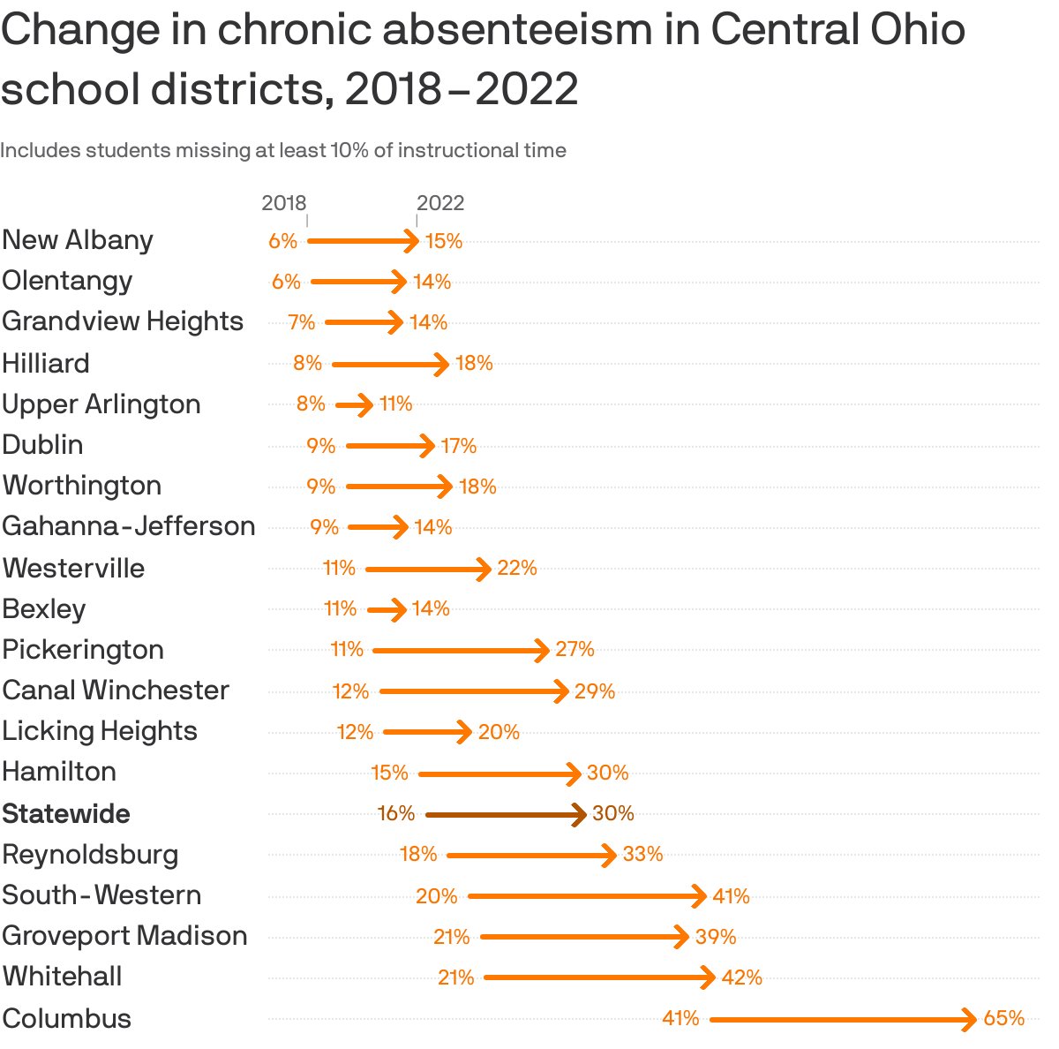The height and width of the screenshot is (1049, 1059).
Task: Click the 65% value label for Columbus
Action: click(x=1003, y=1018)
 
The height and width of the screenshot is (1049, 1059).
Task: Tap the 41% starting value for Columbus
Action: click(x=680, y=1018)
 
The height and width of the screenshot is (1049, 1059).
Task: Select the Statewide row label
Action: click(x=66, y=813)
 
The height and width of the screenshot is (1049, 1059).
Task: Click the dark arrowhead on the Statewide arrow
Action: click(x=579, y=814)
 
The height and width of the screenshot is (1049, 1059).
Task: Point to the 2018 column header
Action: click(x=283, y=202)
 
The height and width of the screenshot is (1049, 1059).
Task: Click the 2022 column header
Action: click(x=439, y=202)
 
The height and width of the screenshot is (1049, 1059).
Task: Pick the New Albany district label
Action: click(x=78, y=239)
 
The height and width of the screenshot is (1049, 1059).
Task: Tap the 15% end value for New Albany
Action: click(x=444, y=241)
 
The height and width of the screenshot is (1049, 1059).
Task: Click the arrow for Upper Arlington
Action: click(x=354, y=405)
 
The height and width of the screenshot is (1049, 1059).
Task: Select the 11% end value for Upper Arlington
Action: click(x=395, y=404)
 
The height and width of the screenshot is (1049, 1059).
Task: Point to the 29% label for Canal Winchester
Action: click(x=594, y=691)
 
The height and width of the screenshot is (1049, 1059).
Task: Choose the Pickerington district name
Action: click(x=83, y=649)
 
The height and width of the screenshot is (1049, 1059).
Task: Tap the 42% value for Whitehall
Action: click(x=741, y=977)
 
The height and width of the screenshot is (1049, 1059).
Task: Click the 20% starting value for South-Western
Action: click(x=436, y=896)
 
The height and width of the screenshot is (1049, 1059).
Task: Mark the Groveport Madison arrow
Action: click(x=583, y=937)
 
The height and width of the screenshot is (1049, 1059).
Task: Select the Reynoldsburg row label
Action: click(x=90, y=854)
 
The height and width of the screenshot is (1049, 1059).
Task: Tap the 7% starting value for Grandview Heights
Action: click(x=301, y=322)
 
